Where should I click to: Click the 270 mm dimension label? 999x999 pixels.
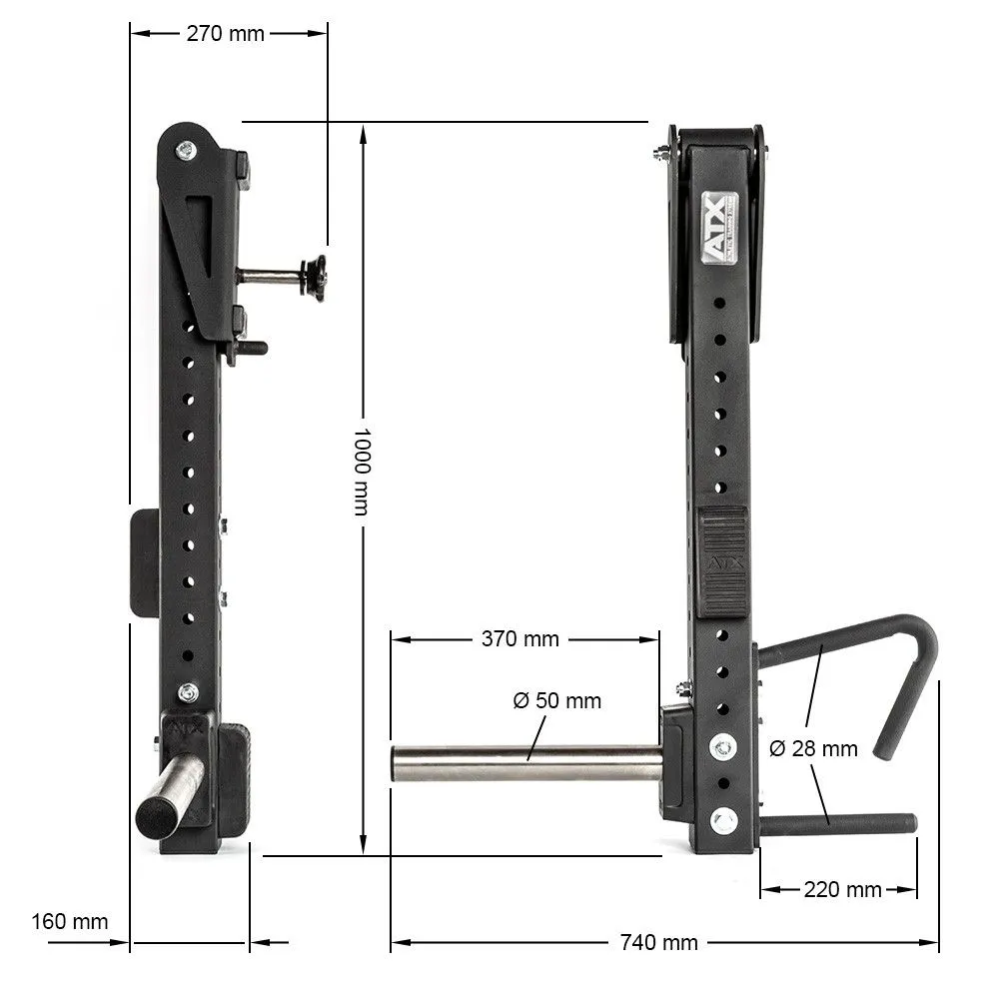click(x=226, y=33)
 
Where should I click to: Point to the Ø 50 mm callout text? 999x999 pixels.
click(x=557, y=700)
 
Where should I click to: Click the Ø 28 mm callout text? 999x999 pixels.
click(x=813, y=748)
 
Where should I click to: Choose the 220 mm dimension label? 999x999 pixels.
click(x=842, y=889)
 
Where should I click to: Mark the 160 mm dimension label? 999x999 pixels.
click(x=69, y=921)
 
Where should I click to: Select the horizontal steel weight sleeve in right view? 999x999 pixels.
click(x=524, y=763)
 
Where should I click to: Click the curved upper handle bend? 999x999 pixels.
click(x=917, y=639)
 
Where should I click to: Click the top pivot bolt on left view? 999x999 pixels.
click(x=186, y=151)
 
